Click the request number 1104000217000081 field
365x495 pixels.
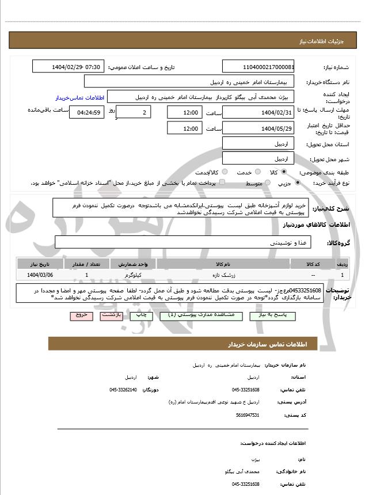258,67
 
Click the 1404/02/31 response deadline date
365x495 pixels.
258,112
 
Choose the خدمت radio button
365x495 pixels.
257,172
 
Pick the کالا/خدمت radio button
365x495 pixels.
225,172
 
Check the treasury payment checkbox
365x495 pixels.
223,182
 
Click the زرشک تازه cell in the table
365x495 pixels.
227,275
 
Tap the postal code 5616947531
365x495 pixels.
248,414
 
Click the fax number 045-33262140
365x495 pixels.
123,390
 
